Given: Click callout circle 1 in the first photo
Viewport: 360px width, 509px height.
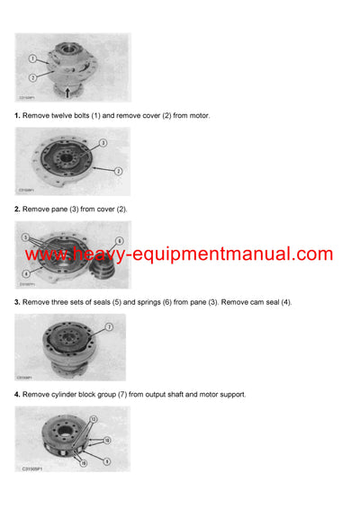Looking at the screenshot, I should (x=33, y=58).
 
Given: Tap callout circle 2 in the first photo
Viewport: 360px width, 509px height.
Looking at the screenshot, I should (x=33, y=78).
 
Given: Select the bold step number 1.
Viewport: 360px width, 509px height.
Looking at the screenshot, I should (x=17, y=116).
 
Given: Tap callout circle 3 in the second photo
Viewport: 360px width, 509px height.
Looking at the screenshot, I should (x=103, y=143).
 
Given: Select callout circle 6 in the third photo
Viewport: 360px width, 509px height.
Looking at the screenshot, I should (x=118, y=241).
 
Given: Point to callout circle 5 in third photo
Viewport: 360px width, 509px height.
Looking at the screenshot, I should (x=26, y=238).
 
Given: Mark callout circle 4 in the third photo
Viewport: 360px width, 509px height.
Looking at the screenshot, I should (x=27, y=272).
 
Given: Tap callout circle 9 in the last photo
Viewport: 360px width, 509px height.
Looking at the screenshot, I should (x=108, y=460).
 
